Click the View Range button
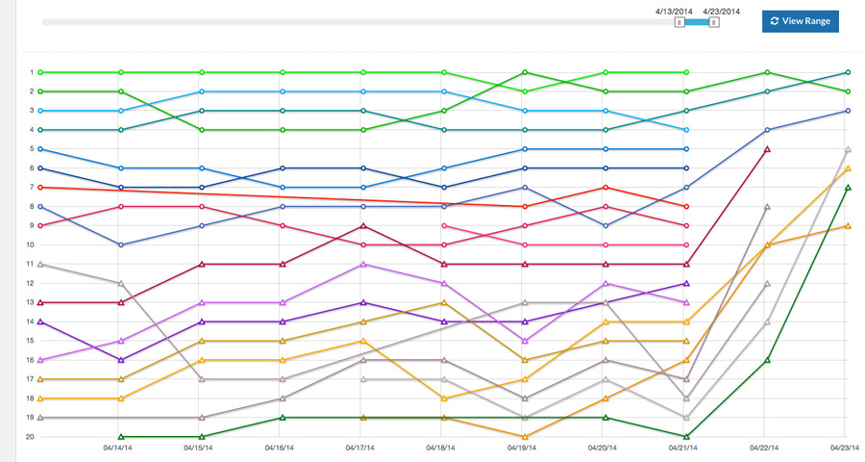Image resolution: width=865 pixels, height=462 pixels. (x=800, y=20)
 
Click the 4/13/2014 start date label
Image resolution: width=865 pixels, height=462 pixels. (x=673, y=11)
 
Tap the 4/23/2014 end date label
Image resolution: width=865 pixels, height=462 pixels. (x=721, y=11)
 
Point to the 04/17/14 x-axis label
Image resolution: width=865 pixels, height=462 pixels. (x=362, y=448)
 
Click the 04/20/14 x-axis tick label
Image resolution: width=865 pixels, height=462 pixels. (x=605, y=448)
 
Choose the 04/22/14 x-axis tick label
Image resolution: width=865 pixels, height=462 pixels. (x=766, y=448)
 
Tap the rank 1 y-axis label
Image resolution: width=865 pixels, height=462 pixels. (x=31, y=72)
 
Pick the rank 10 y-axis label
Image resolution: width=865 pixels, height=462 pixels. (x=31, y=244)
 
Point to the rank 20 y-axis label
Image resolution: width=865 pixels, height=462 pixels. (x=31, y=437)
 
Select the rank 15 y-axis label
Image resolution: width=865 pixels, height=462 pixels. (x=31, y=341)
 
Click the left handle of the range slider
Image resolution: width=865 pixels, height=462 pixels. (x=680, y=21)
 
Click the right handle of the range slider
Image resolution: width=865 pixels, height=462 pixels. (x=714, y=21)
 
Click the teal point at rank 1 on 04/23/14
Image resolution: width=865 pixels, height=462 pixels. (x=847, y=72)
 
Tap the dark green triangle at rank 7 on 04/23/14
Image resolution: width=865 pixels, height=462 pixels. (x=847, y=188)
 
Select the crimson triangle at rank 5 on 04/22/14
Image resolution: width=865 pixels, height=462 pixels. (x=766, y=149)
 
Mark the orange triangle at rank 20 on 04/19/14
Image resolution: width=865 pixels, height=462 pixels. (x=525, y=436)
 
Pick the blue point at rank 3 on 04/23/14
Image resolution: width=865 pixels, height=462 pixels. (x=847, y=111)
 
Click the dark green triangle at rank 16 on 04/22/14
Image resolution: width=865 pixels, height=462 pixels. (x=766, y=360)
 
